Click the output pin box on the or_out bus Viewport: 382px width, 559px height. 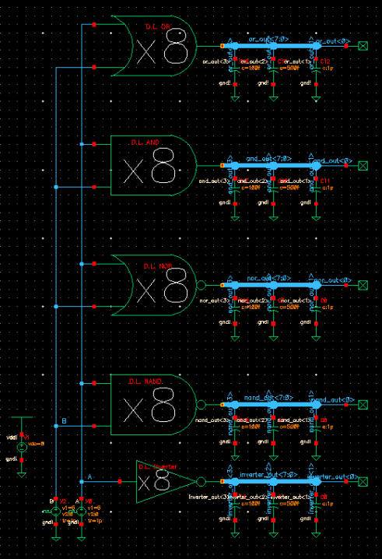363,47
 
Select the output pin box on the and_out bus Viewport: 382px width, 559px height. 363,166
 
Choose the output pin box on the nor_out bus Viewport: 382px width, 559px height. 363,285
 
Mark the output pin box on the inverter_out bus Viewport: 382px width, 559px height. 363,482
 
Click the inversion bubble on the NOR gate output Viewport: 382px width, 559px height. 202,285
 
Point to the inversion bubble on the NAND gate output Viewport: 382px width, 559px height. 202,405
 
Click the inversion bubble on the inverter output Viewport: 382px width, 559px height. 202,482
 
